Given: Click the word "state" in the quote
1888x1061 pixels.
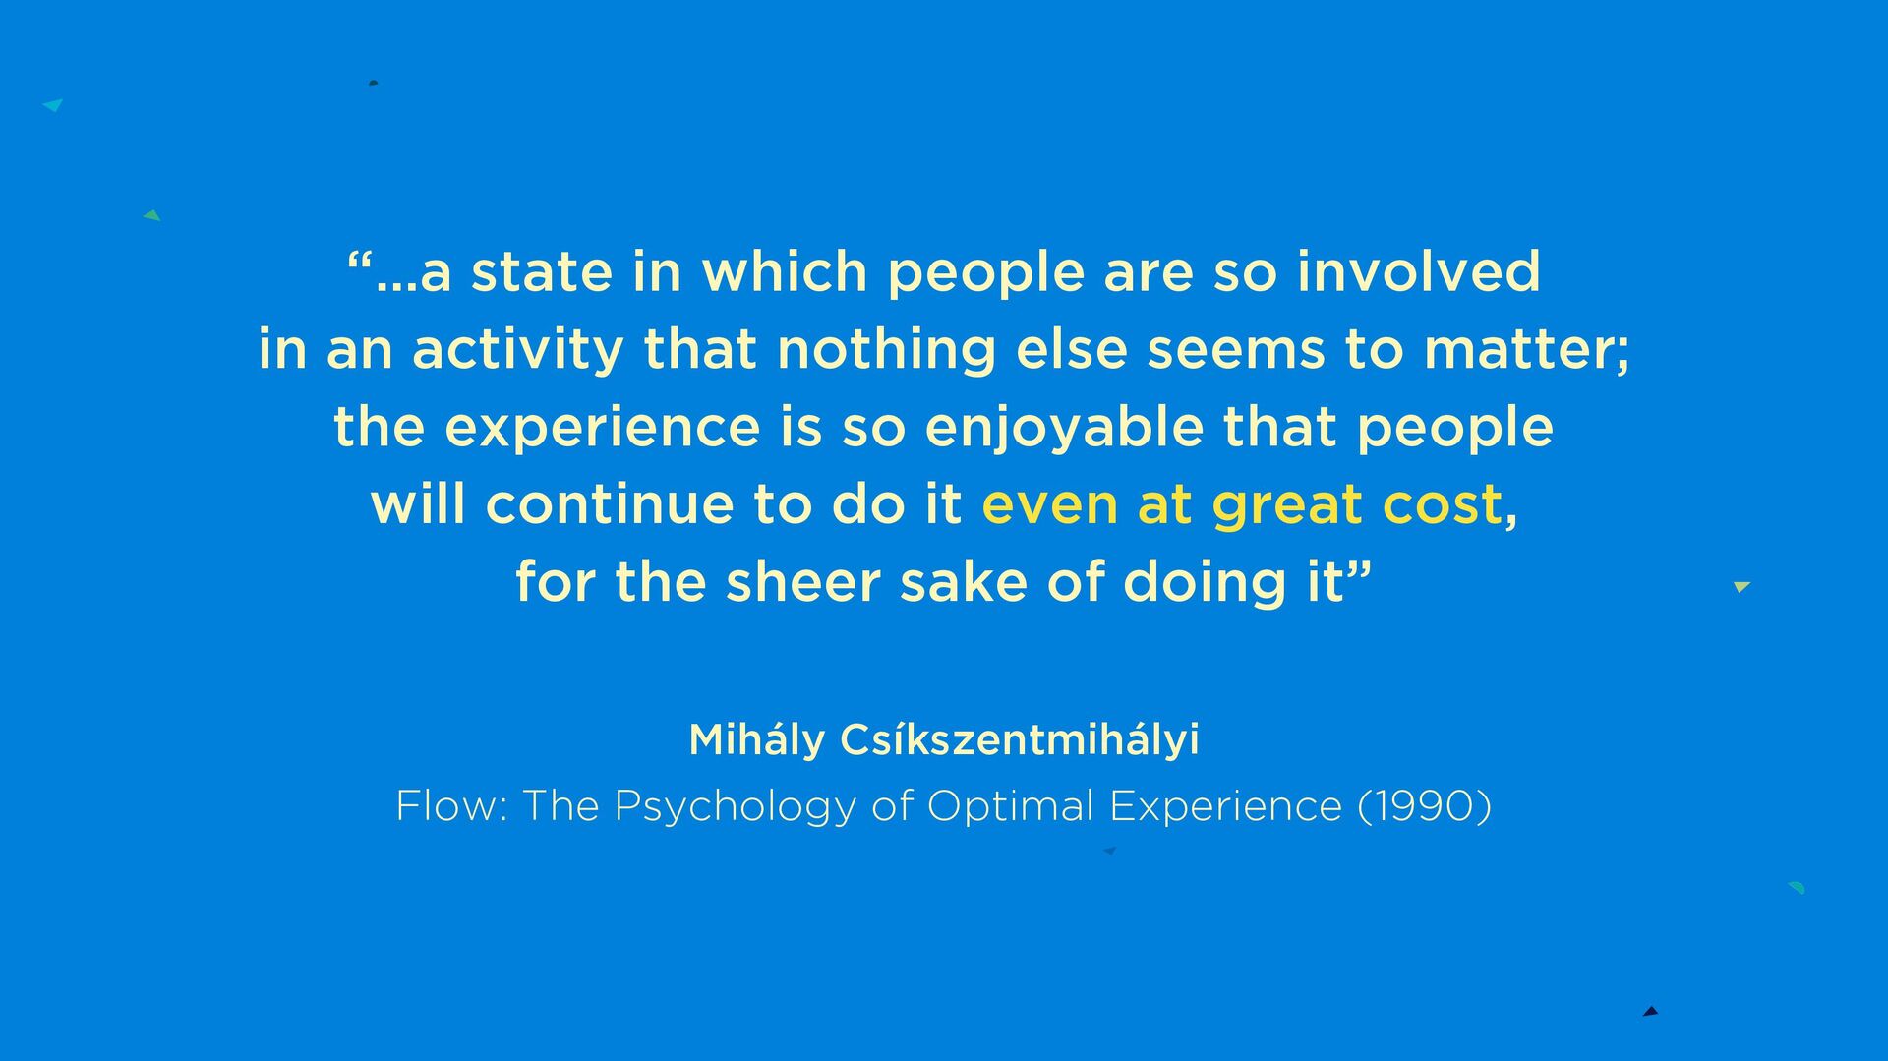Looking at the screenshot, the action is (542, 271).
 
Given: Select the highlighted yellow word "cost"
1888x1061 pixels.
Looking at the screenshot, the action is (1443, 505).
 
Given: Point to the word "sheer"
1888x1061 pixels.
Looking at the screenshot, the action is (802, 582).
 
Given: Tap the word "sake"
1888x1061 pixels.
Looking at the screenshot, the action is (964, 581).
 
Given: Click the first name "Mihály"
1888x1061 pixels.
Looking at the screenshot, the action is (757, 739).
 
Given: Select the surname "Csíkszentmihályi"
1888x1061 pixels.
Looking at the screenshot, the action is (1020, 739).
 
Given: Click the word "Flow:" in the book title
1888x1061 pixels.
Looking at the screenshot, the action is (451, 806).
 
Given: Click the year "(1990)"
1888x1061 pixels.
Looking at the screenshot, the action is (1424, 806).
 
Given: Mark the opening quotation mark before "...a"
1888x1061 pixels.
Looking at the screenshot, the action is (360, 261).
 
